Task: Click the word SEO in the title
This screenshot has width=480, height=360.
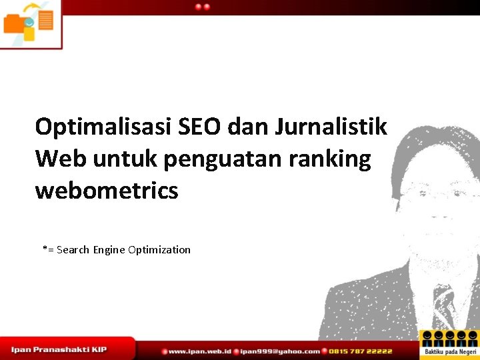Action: click(211, 126)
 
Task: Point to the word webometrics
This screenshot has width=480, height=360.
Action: click(107, 191)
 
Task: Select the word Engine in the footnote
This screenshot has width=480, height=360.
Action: click(109, 250)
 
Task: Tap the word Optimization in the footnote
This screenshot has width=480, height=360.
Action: click(159, 250)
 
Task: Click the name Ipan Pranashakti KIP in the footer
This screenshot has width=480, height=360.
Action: click(59, 349)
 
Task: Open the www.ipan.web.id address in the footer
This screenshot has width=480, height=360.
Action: click(199, 351)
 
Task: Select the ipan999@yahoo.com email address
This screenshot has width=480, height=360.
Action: click(280, 351)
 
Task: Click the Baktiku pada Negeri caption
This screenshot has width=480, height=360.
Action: click(451, 351)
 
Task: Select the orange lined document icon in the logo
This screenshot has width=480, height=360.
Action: click(45, 20)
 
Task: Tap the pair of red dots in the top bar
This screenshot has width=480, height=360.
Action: click(203, 7)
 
